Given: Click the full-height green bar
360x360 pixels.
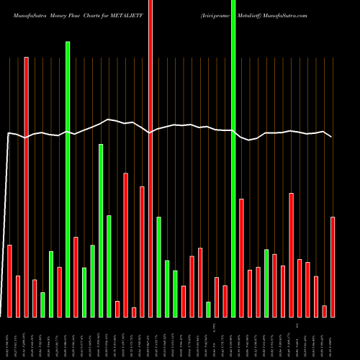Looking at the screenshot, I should click(x=233, y=158).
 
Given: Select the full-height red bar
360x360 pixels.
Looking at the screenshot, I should click(x=150, y=158).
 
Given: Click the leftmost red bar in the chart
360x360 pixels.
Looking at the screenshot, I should click(x=10, y=281).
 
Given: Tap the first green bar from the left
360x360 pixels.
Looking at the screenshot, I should click(x=42, y=305).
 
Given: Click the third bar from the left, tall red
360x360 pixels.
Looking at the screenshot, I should click(x=26, y=187).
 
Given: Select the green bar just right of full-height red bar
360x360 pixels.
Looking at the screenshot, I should click(x=158, y=266).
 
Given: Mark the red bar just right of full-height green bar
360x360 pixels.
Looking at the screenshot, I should click(x=242, y=258).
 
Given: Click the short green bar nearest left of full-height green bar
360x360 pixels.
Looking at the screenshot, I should click(x=209, y=309).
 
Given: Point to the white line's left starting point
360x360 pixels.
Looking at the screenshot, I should click(x=9, y=132).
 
